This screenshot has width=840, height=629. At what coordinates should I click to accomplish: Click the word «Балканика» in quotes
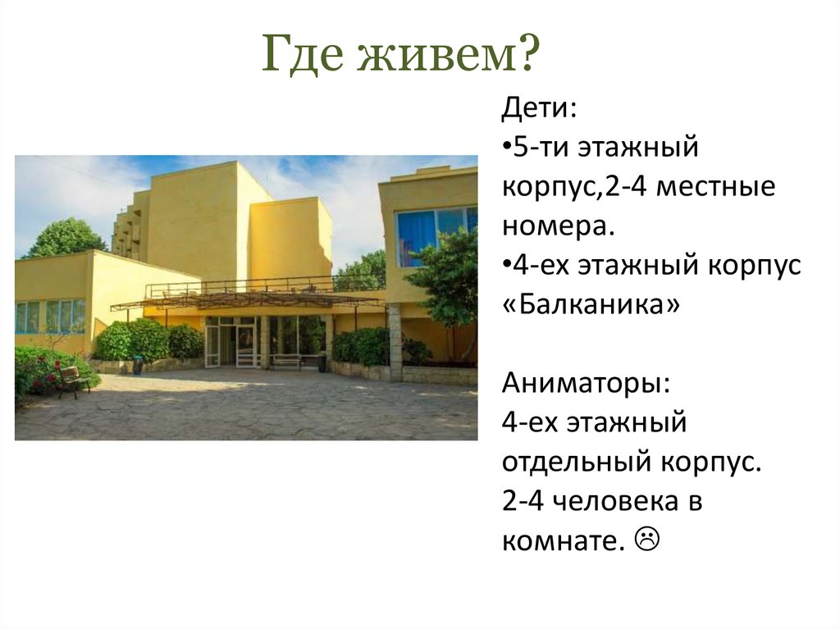coord(591,307)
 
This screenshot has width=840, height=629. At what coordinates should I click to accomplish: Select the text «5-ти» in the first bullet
coord(534,149)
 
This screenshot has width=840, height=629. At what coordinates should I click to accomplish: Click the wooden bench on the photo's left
coord(74,381)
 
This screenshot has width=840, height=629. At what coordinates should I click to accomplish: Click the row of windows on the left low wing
coord(50,316)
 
